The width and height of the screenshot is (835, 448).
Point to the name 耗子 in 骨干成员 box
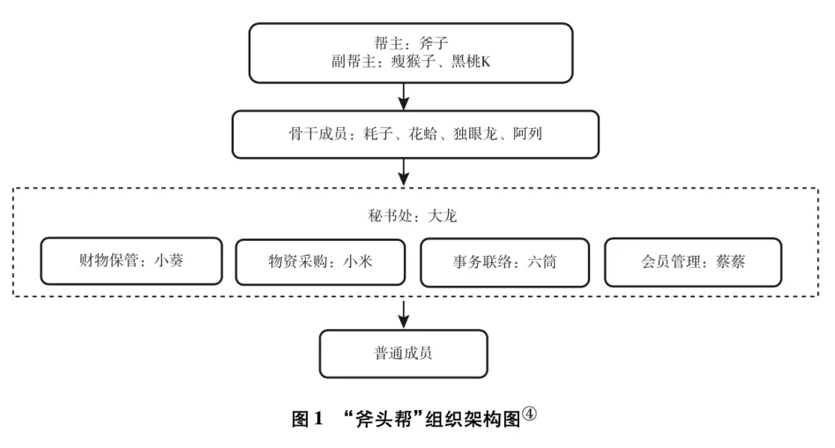(378, 135)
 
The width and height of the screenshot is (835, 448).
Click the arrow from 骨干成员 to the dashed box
(403, 170)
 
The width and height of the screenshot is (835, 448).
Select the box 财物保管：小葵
(131, 262)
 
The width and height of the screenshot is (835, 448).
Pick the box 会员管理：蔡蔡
(693, 262)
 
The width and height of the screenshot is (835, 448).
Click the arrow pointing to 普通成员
(403, 312)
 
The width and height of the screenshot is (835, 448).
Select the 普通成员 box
(403, 355)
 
